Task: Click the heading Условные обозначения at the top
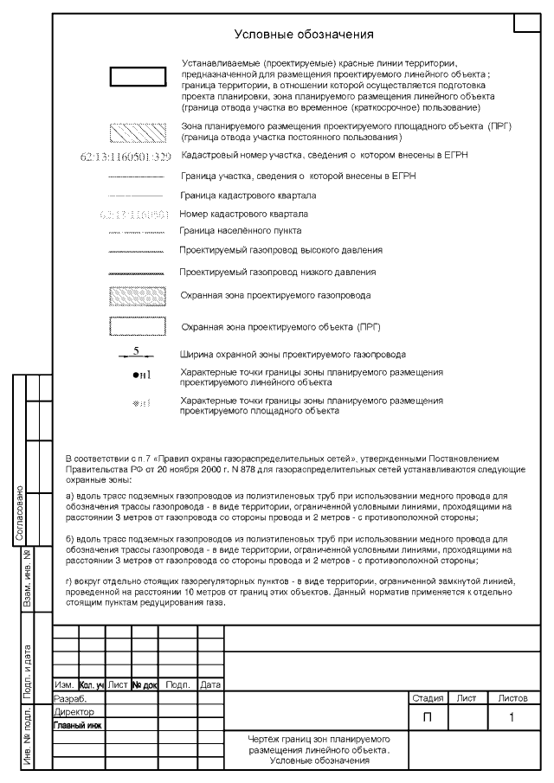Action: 304,35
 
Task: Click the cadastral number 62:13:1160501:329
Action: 125,157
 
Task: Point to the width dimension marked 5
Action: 136,351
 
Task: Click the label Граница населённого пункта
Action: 240,231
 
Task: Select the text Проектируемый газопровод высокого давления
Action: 280,250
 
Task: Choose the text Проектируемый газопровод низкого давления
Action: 277,272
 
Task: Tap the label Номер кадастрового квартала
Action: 243,213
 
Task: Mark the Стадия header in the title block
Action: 428,697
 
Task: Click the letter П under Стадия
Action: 428,717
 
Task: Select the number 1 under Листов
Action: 512,717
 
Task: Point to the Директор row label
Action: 74,711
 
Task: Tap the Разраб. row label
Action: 71,697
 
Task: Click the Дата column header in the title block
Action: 210,684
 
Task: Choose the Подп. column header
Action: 177,684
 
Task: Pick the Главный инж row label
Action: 78,725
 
